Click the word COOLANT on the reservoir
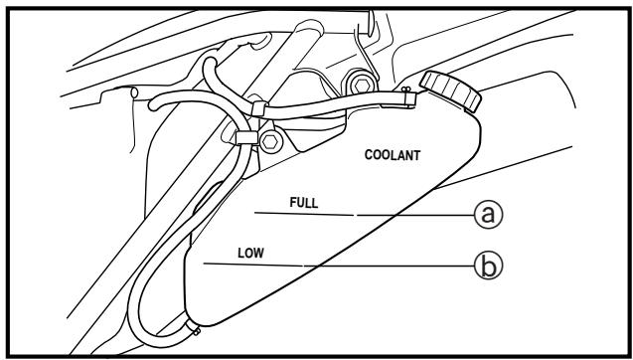[x=392, y=155]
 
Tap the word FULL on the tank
[x=304, y=203]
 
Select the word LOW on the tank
[x=250, y=253]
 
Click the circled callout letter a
[x=489, y=215]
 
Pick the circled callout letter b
[x=489, y=267]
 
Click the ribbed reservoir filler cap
[x=450, y=90]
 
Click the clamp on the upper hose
[x=258, y=108]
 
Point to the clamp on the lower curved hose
[x=246, y=137]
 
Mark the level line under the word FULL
[x=304, y=214]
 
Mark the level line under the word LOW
[x=253, y=265]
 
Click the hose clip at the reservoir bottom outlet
[x=194, y=327]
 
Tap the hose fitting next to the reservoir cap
[x=409, y=99]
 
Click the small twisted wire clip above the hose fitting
[x=405, y=89]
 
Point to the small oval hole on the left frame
[x=134, y=92]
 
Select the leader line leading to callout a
[x=415, y=215]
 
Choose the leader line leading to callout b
[x=390, y=266]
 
